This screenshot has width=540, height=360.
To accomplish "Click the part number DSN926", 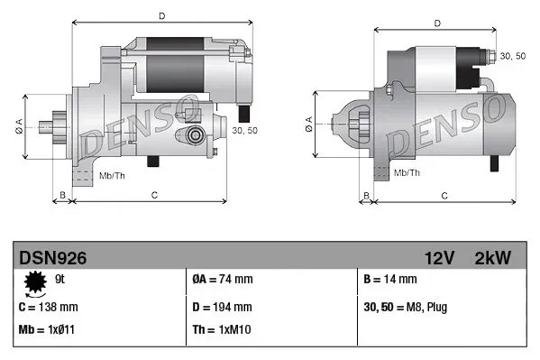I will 53,258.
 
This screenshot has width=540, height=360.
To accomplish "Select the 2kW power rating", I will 492,258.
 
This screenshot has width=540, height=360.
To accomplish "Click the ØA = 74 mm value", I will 224,281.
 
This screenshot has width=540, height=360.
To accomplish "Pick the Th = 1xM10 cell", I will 223,329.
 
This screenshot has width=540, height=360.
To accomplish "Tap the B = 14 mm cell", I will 389,281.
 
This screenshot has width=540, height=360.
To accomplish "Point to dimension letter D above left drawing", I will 161,15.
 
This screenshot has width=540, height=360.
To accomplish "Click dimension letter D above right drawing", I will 436,23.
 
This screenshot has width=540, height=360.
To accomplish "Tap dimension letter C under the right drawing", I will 444,194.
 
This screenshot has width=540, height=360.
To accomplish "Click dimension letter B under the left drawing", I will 61,194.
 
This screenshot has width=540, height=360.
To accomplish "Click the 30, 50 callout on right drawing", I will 512,56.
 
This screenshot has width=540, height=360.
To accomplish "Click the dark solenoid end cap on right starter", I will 471,60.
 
